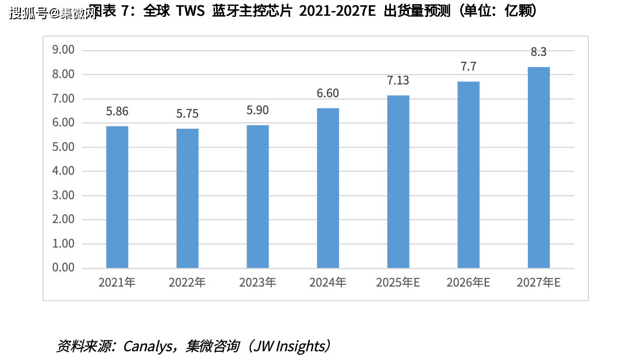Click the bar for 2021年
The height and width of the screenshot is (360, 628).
(117, 197)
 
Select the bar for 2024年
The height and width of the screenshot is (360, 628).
(328, 188)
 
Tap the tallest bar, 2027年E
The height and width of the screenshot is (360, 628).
(538, 167)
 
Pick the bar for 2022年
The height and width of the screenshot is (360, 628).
(188, 198)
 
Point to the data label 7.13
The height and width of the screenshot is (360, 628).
(398, 81)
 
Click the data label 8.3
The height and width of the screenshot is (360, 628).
(538, 52)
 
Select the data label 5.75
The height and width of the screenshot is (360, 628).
(188, 114)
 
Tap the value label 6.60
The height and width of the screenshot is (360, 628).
(328, 94)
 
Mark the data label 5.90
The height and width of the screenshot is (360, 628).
(257, 111)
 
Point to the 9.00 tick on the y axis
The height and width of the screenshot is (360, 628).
(63, 50)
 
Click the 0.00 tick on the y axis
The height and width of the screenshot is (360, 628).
(63, 268)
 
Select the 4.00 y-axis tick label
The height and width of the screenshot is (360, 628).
(63, 171)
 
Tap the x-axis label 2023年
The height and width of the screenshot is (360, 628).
(257, 283)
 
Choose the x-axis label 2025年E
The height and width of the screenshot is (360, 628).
(398, 283)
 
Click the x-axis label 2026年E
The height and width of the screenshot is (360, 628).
(468, 283)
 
